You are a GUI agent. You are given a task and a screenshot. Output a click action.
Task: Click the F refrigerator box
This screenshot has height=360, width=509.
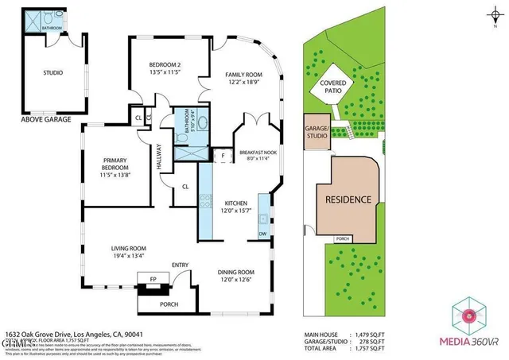click(x=223, y=155)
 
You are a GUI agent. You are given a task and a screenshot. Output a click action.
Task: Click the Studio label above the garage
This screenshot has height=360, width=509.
click(x=52, y=73)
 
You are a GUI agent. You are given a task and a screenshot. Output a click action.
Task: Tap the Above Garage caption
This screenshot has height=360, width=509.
click(x=47, y=120)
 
